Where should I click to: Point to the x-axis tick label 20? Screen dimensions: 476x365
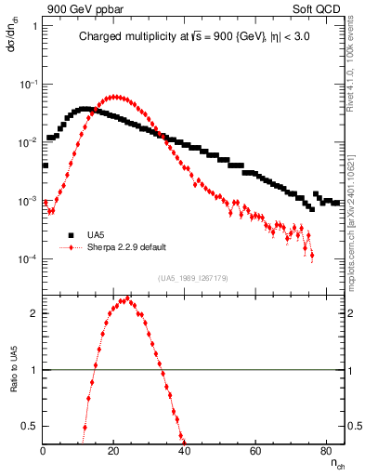[113, 451]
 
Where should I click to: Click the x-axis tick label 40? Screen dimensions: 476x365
[184, 451]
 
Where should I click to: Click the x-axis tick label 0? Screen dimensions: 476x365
[44, 451]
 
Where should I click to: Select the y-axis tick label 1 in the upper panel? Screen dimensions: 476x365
[34, 26]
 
